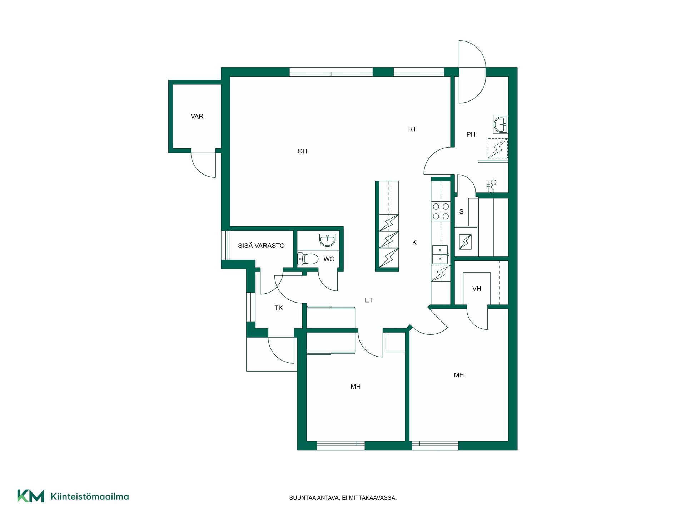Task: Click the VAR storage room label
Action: tap(197, 117)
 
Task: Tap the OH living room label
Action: tap(302, 151)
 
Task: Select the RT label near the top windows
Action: tap(412, 129)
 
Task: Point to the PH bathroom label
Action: tap(471, 134)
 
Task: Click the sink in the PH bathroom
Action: tap(500, 124)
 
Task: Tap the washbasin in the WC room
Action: tap(327, 240)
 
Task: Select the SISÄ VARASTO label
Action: tap(261, 246)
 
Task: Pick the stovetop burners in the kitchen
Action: tap(441, 211)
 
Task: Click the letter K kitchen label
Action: tap(414, 242)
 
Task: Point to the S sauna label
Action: tap(461, 212)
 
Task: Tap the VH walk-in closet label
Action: tap(477, 289)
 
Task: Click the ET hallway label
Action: tap(369, 300)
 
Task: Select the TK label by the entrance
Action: tap(279, 308)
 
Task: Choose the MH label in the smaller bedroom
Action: tap(356, 387)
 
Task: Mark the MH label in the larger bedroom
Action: tap(459, 375)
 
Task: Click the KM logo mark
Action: tap(31, 496)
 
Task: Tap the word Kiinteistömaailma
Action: tap(90, 496)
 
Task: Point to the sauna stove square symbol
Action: tap(466, 242)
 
